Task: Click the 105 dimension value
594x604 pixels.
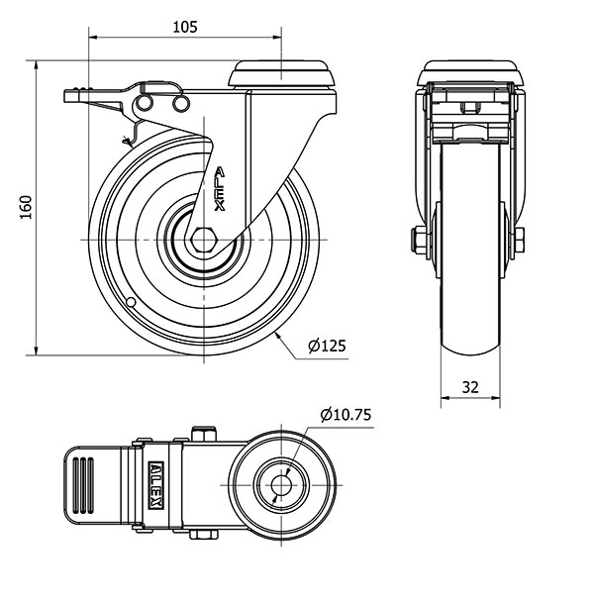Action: tap(185, 28)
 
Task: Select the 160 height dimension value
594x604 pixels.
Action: tap(26, 208)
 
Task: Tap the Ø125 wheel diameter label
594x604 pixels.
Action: tap(327, 346)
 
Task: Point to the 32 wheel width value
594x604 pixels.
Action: tap(470, 387)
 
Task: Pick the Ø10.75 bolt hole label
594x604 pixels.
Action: tap(346, 415)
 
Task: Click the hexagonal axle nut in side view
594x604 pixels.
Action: tap(204, 240)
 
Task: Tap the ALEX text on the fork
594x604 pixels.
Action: tap(220, 189)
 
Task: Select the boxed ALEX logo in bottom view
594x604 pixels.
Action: tap(156, 485)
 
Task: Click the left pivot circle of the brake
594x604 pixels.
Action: tap(144, 103)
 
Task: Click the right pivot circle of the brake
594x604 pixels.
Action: tap(180, 103)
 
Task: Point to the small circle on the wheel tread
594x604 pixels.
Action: tap(131, 302)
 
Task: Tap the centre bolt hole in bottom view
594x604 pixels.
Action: tap(281, 485)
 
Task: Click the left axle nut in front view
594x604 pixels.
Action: tap(418, 240)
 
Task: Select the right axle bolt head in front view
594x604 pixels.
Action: tap(519, 240)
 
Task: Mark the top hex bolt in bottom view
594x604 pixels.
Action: tap(203, 433)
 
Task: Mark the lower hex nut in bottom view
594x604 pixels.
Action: tap(203, 534)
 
